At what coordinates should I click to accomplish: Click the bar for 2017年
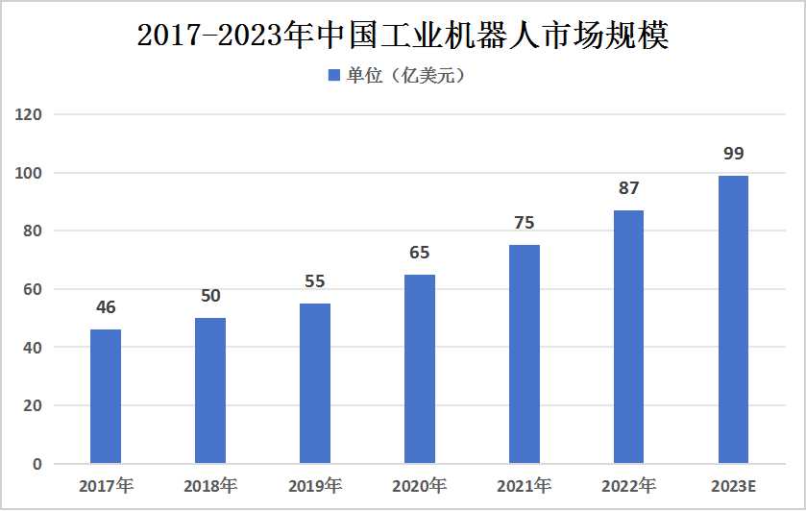click(x=106, y=397)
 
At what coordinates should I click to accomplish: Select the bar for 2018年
click(x=210, y=391)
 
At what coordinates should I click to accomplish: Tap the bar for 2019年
click(x=315, y=383)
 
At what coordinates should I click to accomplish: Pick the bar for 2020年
click(x=420, y=369)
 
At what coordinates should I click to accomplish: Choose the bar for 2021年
click(x=525, y=354)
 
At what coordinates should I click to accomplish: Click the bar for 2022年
click(x=628, y=337)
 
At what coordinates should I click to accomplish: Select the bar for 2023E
click(x=733, y=320)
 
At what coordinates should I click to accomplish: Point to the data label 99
click(x=733, y=154)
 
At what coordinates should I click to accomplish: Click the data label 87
click(x=628, y=188)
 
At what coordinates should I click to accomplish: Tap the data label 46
click(x=106, y=307)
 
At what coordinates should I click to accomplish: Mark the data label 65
click(x=420, y=253)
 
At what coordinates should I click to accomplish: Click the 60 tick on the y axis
click(x=34, y=289)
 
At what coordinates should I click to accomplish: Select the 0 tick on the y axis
click(x=37, y=464)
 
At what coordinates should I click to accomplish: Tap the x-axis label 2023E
click(x=733, y=486)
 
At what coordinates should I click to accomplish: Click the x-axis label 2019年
click(x=315, y=486)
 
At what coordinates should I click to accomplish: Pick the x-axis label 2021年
click(x=525, y=486)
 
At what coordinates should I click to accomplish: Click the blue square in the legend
click(x=334, y=75)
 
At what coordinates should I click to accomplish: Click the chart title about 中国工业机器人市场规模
click(x=403, y=36)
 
